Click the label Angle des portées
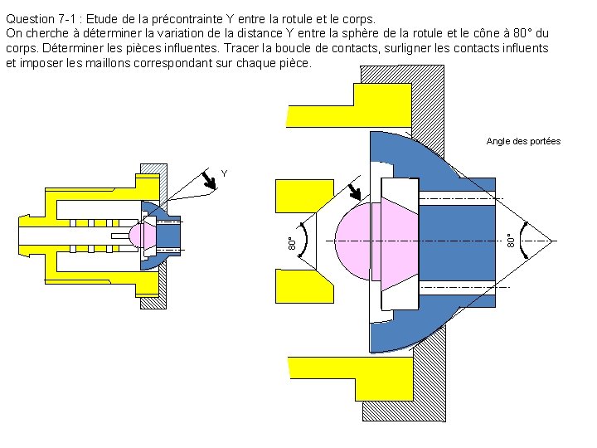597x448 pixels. pos(523,141)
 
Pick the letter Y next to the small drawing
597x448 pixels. pos(224,173)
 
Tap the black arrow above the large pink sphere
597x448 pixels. pos(357,192)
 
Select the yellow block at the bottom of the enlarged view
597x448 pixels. pos(348,373)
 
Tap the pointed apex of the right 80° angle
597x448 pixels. pos(551,241)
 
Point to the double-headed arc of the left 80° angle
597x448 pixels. pos(306,241)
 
